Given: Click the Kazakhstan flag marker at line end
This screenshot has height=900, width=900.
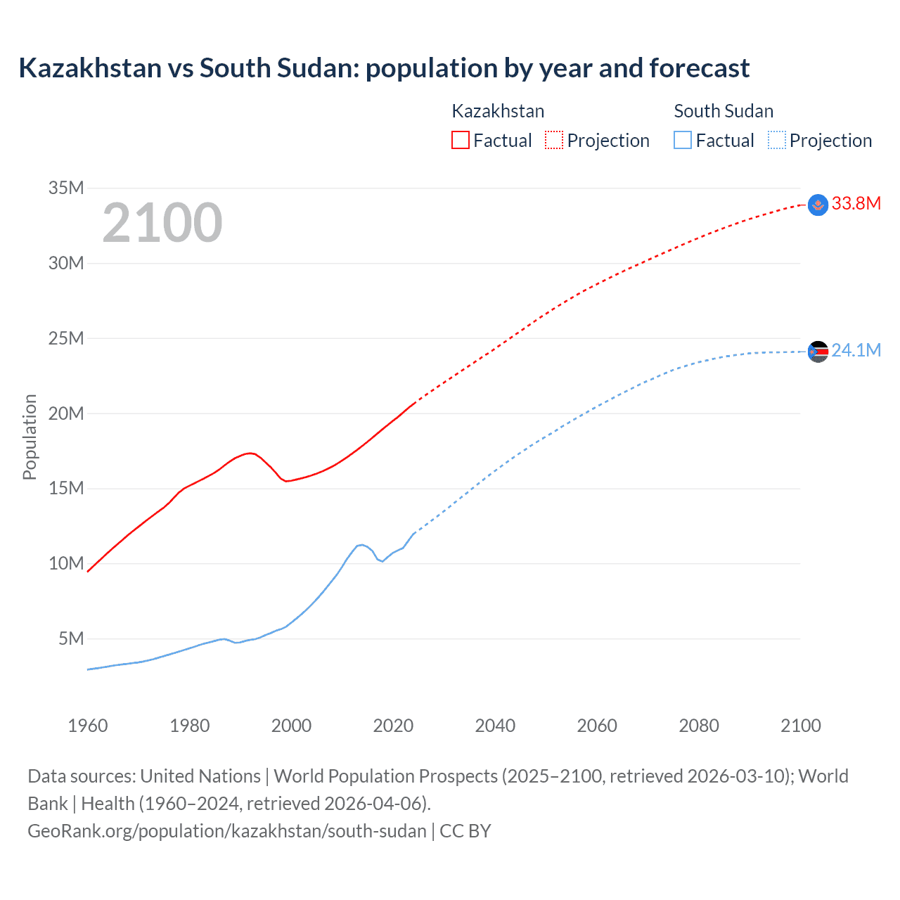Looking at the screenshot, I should [818, 205].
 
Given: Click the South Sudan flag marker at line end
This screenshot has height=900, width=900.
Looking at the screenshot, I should [818, 351].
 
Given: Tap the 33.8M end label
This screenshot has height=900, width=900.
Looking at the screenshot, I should [856, 204].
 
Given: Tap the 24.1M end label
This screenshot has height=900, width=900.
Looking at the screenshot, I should [856, 350].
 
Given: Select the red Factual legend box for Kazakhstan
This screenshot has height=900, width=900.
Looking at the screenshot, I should [460, 140].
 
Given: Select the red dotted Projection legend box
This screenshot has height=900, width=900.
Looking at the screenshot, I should [554, 140].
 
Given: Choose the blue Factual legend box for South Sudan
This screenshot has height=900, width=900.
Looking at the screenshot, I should [683, 140].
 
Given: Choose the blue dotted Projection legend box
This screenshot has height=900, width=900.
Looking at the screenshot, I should [777, 140].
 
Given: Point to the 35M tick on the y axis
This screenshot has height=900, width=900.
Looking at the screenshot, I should [66, 188].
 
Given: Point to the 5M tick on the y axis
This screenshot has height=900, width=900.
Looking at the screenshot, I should [71, 638].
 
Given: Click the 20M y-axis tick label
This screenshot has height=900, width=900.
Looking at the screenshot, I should [66, 413].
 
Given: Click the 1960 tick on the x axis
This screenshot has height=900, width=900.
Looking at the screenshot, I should [88, 726].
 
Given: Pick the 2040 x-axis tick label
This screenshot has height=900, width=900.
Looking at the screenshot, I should [495, 726].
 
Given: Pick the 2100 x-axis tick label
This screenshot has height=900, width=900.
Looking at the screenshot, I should [800, 726].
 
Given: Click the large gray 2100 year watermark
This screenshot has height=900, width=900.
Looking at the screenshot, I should [162, 223].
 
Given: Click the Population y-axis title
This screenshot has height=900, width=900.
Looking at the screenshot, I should [30, 437].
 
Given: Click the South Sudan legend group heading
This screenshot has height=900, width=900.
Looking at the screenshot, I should [724, 111].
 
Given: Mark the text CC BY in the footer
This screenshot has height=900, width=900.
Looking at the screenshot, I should [465, 831].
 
